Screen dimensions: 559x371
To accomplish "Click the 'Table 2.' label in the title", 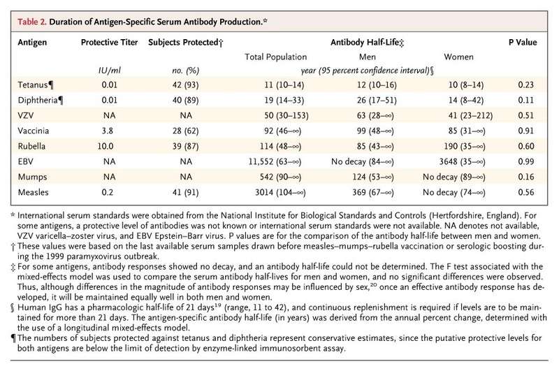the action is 32,22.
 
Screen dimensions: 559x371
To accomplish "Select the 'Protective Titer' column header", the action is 109,42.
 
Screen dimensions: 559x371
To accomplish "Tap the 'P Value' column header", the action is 522,42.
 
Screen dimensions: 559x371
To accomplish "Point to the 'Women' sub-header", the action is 458,57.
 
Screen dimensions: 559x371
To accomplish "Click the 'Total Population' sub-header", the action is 275,57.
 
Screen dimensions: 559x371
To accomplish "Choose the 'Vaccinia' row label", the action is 33,131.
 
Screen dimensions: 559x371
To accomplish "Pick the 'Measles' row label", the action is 33,192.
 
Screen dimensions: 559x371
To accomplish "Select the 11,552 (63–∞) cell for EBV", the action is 275,161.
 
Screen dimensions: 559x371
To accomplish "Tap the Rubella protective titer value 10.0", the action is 106,146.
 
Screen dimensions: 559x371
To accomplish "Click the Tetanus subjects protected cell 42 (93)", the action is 185,85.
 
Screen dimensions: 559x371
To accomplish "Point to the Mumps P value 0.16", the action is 526,177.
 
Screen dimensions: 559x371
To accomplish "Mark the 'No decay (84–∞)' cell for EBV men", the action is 362,161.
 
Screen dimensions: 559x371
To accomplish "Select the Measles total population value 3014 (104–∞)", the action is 280,192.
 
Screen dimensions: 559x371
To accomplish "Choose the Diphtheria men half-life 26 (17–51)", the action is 377,100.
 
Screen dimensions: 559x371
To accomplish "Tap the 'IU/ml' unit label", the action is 109,70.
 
